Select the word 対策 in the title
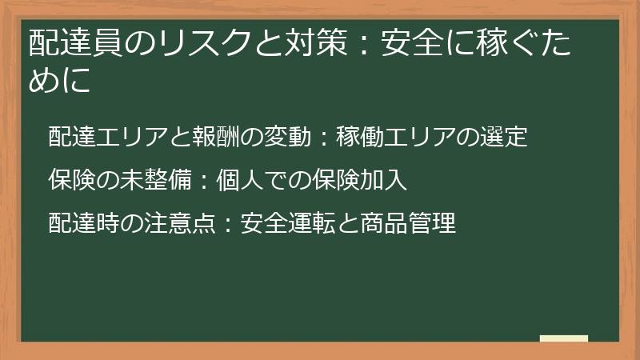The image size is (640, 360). (307, 42)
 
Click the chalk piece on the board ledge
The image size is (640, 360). (563, 339)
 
